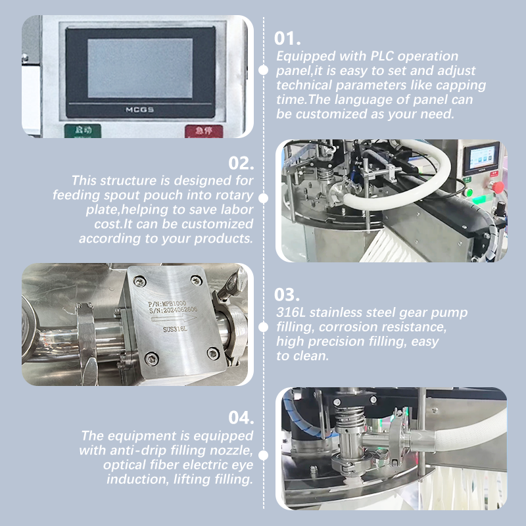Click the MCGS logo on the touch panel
click(139, 110)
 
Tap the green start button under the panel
click(83, 131)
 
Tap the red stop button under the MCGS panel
click(204, 131)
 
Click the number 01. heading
click(287, 38)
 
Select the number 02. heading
click(241, 163)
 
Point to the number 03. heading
click(287, 295)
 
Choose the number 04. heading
click(241, 418)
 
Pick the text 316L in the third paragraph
click(291, 312)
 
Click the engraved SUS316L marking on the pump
click(175, 329)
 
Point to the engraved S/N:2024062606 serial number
click(173, 310)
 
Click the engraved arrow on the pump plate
click(174, 318)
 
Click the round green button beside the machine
click(469, 192)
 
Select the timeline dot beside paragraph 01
click(264, 70)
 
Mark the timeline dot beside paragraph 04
click(264, 455)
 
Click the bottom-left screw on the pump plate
click(151, 359)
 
